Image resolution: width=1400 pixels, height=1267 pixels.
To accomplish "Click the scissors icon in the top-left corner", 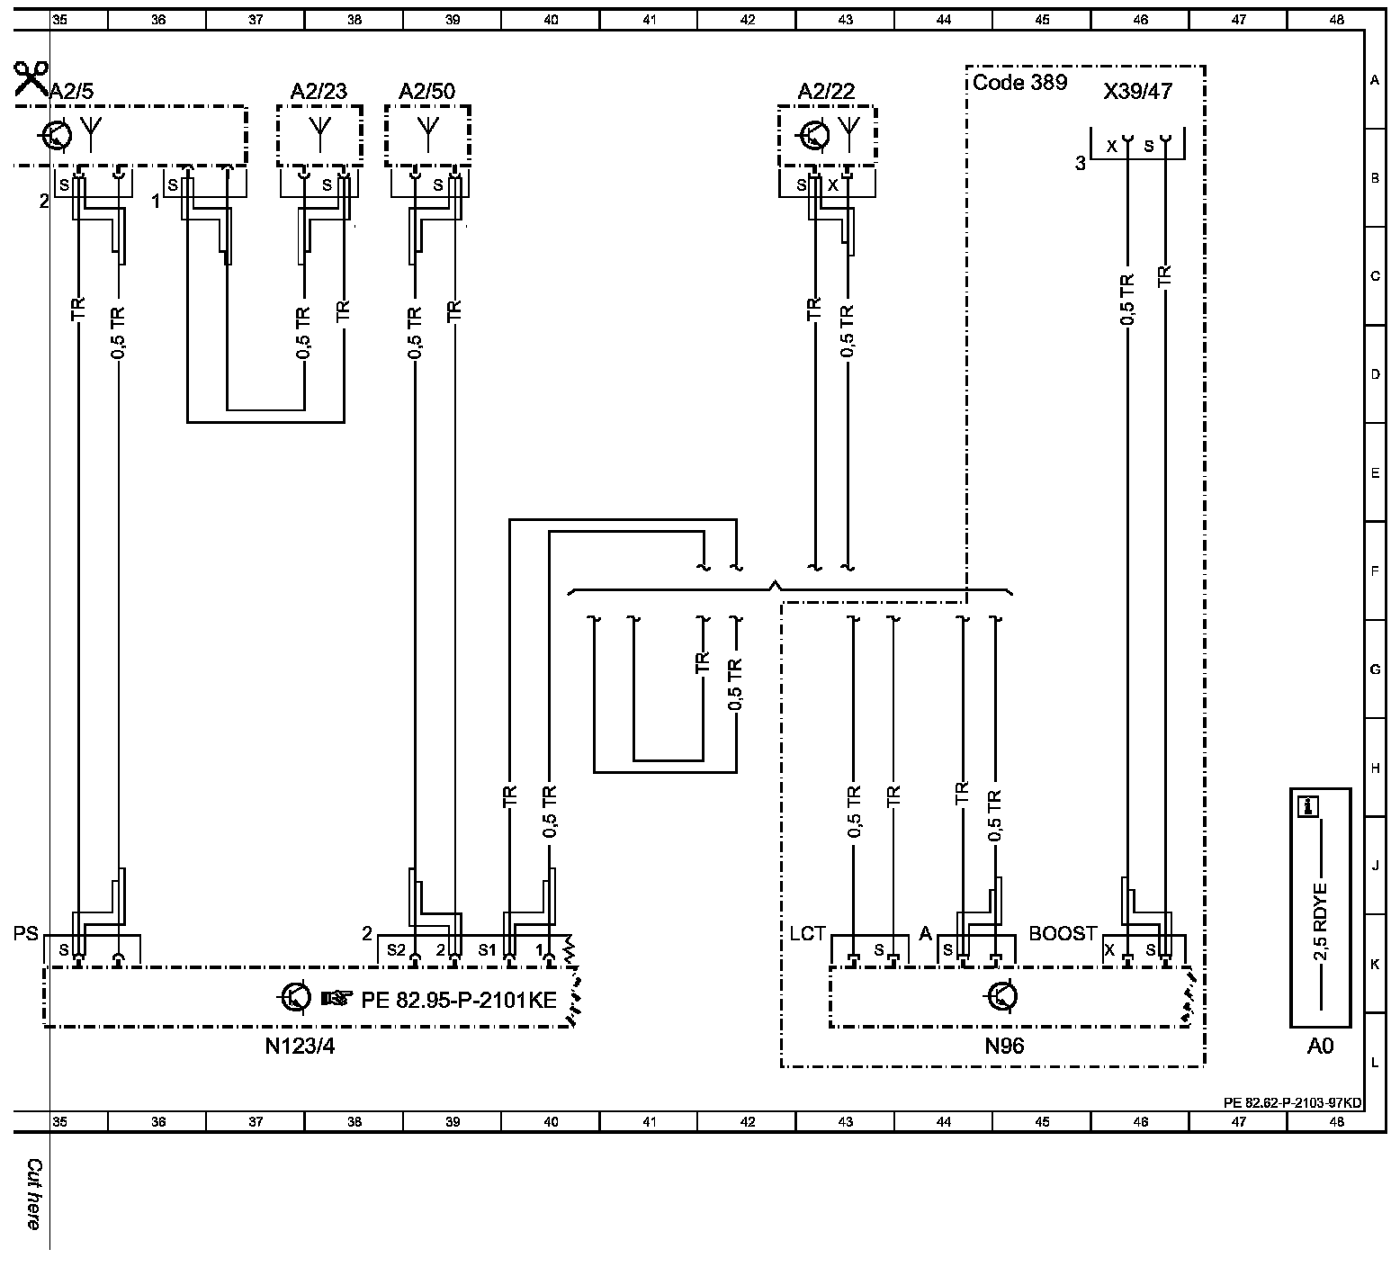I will tap(31, 79).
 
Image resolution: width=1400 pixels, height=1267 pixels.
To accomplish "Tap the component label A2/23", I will tap(319, 92).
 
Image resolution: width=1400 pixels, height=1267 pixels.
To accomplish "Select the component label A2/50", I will tap(427, 92).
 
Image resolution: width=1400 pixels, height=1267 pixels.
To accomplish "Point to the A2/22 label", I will tap(826, 92).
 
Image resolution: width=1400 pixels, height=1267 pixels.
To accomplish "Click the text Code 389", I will tap(1019, 83).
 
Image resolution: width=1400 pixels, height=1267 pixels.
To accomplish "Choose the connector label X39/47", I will tap(1137, 92).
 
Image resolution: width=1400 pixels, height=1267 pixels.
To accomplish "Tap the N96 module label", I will tap(1004, 1046).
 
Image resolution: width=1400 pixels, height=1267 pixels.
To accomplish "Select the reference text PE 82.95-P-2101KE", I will tap(459, 1000).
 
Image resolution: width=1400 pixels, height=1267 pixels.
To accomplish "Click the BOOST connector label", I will tap(1063, 934).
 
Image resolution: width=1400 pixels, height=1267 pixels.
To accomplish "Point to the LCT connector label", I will tap(807, 934).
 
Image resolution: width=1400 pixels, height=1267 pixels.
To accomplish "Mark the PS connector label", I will tap(26, 934).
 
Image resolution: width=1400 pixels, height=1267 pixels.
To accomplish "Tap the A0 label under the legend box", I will tap(1320, 1046).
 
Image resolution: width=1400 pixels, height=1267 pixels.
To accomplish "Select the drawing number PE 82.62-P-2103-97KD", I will tap(1292, 1102).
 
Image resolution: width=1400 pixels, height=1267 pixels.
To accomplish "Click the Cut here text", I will tap(34, 1194).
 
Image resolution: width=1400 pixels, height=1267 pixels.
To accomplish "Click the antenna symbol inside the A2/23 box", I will tap(319, 132).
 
